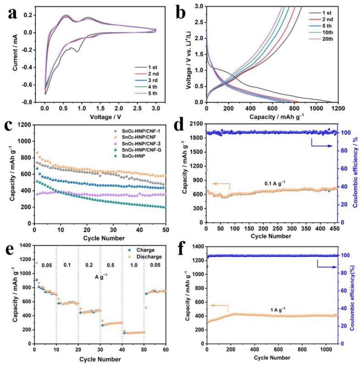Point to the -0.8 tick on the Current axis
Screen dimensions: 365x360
point(32,102)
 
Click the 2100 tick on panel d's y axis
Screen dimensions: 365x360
point(198,124)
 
